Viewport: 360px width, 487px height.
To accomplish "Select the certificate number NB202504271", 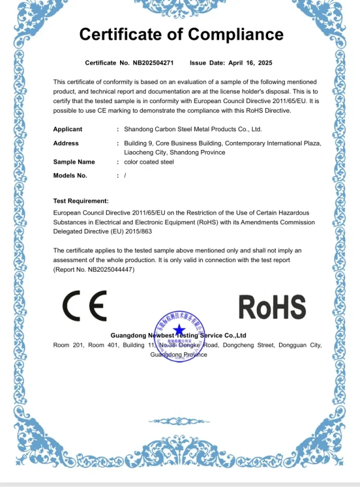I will (x=153, y=62).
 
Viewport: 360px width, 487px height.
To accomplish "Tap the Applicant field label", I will (x=68, y=129).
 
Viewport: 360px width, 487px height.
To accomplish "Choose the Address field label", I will (x=66, y=143).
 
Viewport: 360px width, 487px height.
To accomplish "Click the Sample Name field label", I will (x=74, y=162).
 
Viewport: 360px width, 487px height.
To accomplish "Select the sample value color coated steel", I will (x=149, y=162).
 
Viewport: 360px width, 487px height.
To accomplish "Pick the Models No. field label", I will (x=70, y=176).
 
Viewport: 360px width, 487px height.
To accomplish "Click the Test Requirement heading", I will (x=81, y=201).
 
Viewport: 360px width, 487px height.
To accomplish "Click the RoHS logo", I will (x=272, y=306).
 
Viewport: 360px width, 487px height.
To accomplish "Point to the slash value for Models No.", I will (x=125, y=176).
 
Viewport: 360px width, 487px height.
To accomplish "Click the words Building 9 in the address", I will (x=139, y=143).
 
